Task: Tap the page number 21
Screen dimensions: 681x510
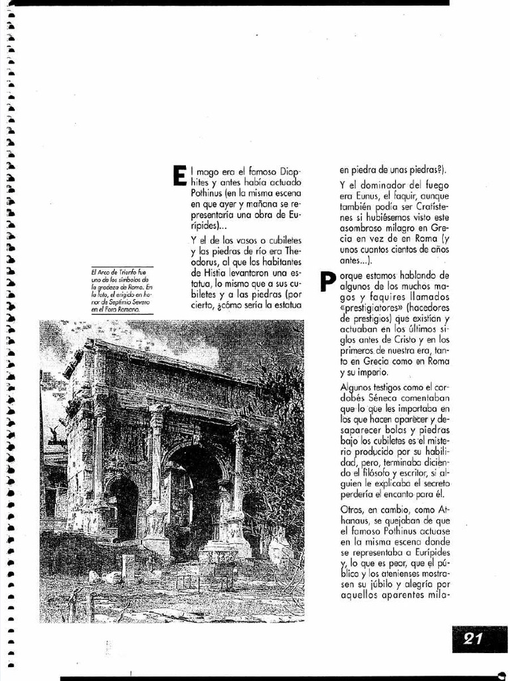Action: point(473,640)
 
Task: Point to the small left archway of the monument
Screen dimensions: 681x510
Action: point(124,509)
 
